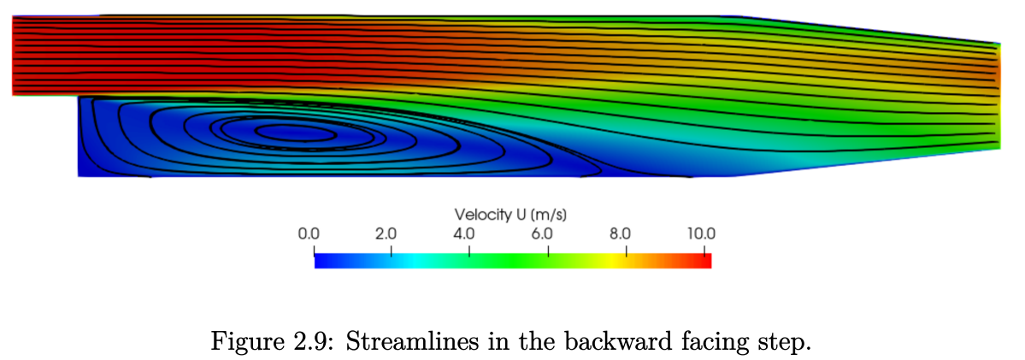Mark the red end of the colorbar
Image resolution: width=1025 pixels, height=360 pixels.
tap(703, 260)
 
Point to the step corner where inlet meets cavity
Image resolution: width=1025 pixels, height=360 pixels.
tap(79, 97)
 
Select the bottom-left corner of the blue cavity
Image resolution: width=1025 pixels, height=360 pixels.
tap(79, 176)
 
